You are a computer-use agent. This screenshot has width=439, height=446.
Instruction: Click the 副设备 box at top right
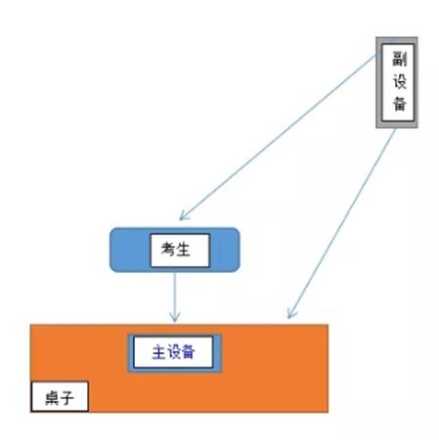(397, 82)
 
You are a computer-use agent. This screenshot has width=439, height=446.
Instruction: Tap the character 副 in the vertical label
(399, 59)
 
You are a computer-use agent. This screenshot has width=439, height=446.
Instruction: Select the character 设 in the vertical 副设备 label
(399, 81)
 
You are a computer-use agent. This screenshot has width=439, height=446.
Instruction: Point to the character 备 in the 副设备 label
(399, 104)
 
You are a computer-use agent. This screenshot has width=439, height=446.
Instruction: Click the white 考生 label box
(180, 250)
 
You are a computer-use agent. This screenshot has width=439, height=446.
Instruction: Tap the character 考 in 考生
(168, 249)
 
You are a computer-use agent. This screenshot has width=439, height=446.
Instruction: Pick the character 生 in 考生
(183, 249)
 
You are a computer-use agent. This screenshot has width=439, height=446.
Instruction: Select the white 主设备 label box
(173, 352)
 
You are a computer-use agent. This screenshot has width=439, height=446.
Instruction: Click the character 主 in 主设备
(159, 352)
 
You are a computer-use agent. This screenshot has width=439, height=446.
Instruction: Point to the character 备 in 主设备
(188, 352)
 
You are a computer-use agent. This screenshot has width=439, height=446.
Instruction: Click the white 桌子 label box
(60, 396)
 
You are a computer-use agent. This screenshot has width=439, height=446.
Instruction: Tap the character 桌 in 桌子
(52, 398)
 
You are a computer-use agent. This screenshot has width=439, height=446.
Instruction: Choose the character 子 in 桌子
(66, 398)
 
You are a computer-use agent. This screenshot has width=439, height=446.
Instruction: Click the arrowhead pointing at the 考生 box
(183, 217)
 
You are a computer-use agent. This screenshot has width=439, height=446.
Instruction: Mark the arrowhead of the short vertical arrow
(175, 318)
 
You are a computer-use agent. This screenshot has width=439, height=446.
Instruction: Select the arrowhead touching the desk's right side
(290, 314)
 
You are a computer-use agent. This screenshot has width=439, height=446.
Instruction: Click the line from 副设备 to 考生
(278, 137)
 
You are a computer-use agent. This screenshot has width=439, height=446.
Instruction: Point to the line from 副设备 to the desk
(341, 223)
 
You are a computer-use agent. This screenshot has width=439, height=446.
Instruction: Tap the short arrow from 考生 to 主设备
(175, 297)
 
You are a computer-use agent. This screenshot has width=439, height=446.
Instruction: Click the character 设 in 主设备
(173, 352)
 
